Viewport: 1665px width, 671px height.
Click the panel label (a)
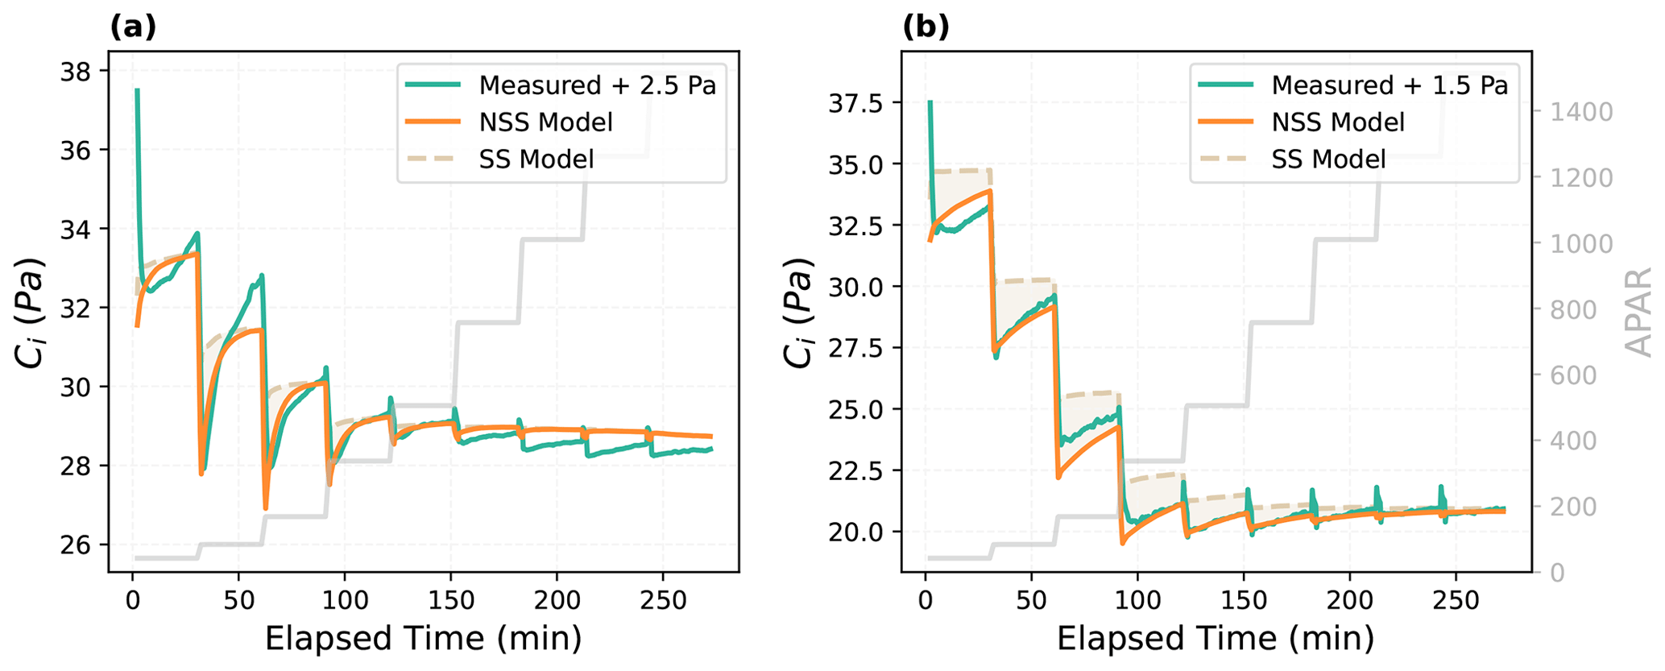coord(133,27)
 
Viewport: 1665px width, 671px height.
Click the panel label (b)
coord(926,27)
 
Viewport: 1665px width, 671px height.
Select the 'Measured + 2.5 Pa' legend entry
coord(597,85)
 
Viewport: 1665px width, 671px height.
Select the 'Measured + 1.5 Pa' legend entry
coord(1390,85)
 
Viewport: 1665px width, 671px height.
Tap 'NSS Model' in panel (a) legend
coord(545,122)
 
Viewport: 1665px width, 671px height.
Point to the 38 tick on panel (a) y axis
coord(77,72)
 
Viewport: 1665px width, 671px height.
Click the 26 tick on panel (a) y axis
coord(77,545)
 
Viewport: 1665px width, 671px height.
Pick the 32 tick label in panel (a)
coord(77,309)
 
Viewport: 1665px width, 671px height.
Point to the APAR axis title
coord(1638,313)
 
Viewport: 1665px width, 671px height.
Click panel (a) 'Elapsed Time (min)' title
coord(423,639)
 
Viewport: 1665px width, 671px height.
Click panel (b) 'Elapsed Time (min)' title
coord(1216,639)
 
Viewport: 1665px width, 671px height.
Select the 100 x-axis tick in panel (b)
coord(1137,600)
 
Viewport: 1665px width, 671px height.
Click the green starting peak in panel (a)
coord(137,91)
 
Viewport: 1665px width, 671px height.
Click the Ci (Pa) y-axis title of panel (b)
coord(798,313)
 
